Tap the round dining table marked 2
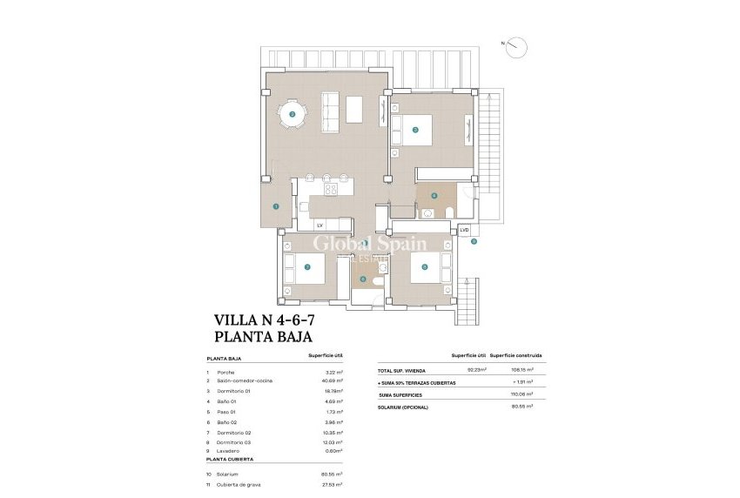tap(293, 113)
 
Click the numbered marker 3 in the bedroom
tap(415, 131)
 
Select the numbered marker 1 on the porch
tap(275, 206)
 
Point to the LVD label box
tap(464, 230)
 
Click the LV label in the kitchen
tap(320, 225)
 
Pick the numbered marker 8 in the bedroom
tap(424, 267)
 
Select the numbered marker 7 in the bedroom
tap(306, 267)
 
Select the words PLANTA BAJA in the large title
tap(263, 336)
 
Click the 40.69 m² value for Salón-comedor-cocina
tap(333, 380)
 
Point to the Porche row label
tap(226, 372)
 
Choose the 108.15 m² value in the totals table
tap(521, 369)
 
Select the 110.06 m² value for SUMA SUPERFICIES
tap(521, 394)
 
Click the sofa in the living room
tap(331, 108)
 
